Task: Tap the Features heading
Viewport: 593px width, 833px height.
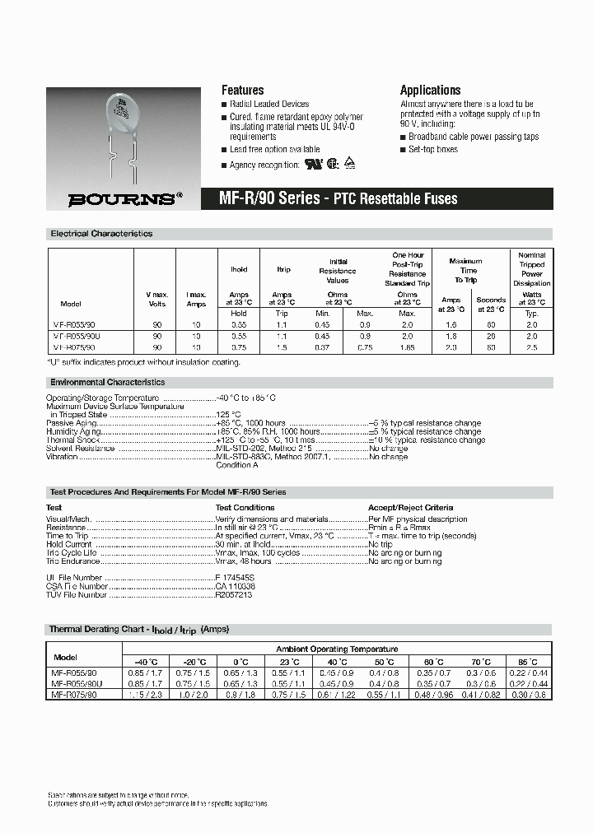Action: tap(242, 91)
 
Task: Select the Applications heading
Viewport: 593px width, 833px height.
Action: tap(430, 91)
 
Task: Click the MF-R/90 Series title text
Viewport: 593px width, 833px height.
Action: tap(268, 198)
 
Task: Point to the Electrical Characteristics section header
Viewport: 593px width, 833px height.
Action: tap(101, 234)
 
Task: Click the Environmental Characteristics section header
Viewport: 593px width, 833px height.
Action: tap(107, 383)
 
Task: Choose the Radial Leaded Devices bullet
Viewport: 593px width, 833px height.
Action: tap(269, 105)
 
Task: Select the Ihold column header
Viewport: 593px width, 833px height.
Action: tap(239, 269)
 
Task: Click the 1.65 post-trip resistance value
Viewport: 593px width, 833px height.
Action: tap(407, 348)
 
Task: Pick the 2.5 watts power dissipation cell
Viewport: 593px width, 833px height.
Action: tap(531, 348)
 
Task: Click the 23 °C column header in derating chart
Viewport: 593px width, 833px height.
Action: tap(288, 661)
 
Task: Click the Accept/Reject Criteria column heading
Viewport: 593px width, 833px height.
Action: tap(410, 508)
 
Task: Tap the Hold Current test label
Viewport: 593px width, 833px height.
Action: tap(69, 544)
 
